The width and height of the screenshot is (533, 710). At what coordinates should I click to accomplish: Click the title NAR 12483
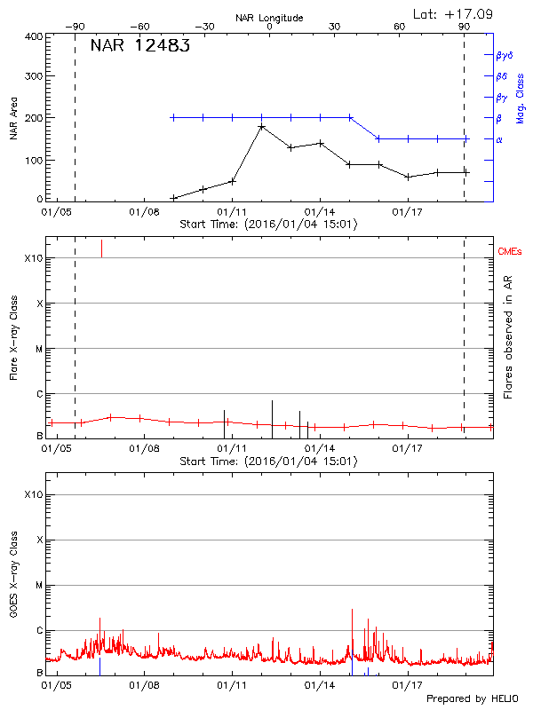point(139,47)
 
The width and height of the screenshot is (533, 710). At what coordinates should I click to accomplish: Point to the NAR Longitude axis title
point(270,18)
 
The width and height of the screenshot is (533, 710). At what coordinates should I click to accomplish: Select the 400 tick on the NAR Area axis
point(34,36)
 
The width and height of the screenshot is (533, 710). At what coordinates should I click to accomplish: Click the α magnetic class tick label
point(500,139)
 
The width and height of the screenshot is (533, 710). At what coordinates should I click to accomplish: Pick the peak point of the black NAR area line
point(262,127)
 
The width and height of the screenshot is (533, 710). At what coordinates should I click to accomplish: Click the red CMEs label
point(511,254)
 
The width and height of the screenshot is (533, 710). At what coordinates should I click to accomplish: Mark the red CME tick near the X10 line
point(101,248)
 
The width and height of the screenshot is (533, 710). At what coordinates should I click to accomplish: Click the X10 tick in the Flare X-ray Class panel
point(32,258)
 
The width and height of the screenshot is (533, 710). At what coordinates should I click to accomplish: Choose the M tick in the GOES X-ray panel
point(39,586)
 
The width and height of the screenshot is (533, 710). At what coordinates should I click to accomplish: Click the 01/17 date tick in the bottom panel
point(407,686)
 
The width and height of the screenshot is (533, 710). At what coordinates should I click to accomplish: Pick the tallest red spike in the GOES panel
point(353,611)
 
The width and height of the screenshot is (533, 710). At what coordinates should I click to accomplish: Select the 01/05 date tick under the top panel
point(56,213)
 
